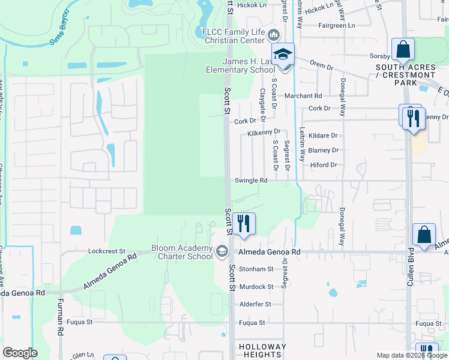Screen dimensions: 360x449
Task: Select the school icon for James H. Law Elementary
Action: (283, 55)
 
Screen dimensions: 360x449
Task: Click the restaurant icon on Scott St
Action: (244, 223)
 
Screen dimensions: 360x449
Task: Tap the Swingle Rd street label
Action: (251, 180)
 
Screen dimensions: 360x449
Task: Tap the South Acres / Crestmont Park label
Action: (406, 75)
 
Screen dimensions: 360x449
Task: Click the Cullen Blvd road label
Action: (411, 266)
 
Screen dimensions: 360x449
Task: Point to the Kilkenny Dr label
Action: (264, 131)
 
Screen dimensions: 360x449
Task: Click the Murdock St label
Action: (256, 287)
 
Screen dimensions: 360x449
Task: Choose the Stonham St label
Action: (256, 269)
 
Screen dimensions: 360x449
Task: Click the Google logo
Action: (20, 353)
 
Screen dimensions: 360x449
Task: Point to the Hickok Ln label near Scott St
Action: (253, 5)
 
